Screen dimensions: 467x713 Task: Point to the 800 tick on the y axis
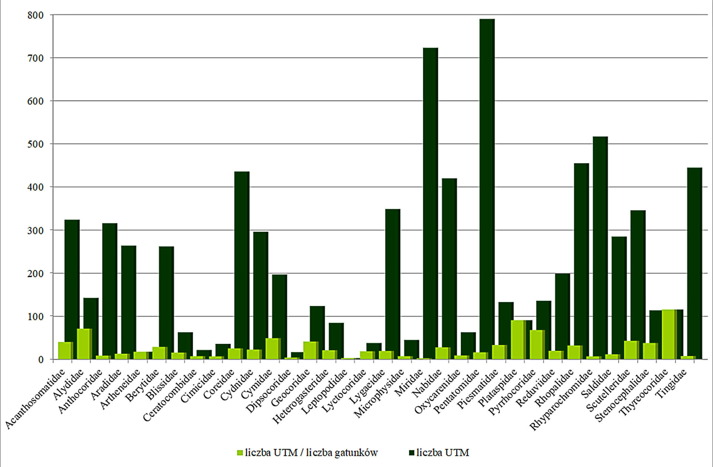(x=36, y=15)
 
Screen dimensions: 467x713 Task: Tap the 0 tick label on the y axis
(x=41, y=360)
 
